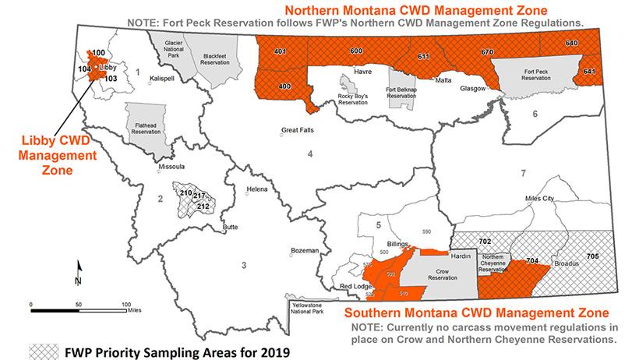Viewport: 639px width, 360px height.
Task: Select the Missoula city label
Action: (x=171, y=166)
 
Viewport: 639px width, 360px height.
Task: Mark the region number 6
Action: (x=535, y=115)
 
